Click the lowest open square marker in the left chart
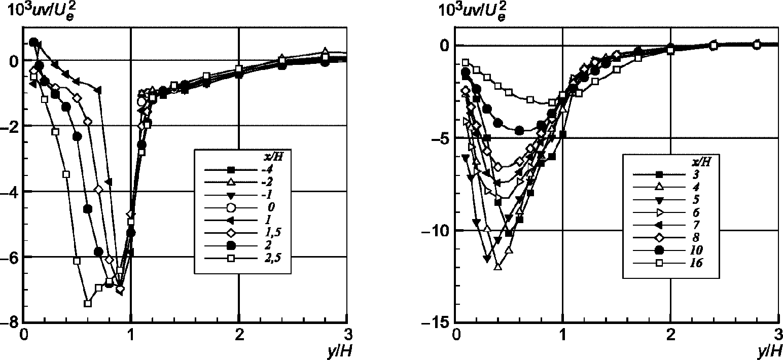pyautogui.click(x=88, y=303)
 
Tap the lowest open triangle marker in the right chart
pyautogui.click(x=498, y=266)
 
